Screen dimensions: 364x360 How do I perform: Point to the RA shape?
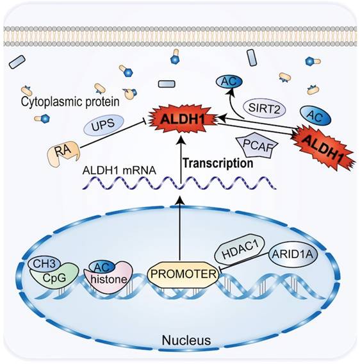click(x=64, y=153)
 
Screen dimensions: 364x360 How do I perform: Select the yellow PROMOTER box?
click(x=183, y=274)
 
